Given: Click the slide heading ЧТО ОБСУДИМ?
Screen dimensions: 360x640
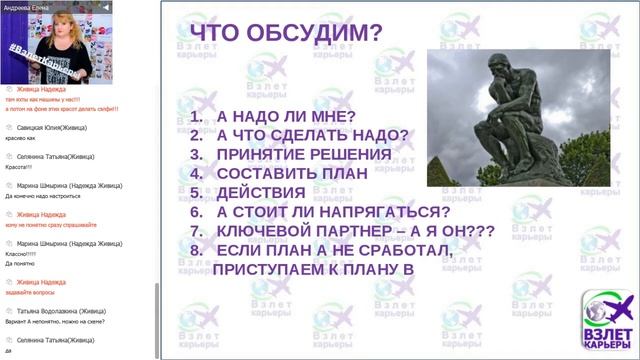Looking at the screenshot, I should pyautogui.click(x=285, y=34).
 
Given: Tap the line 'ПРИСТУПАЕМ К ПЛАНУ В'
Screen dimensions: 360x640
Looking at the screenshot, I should pyautogui.click(x=312, y=268).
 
